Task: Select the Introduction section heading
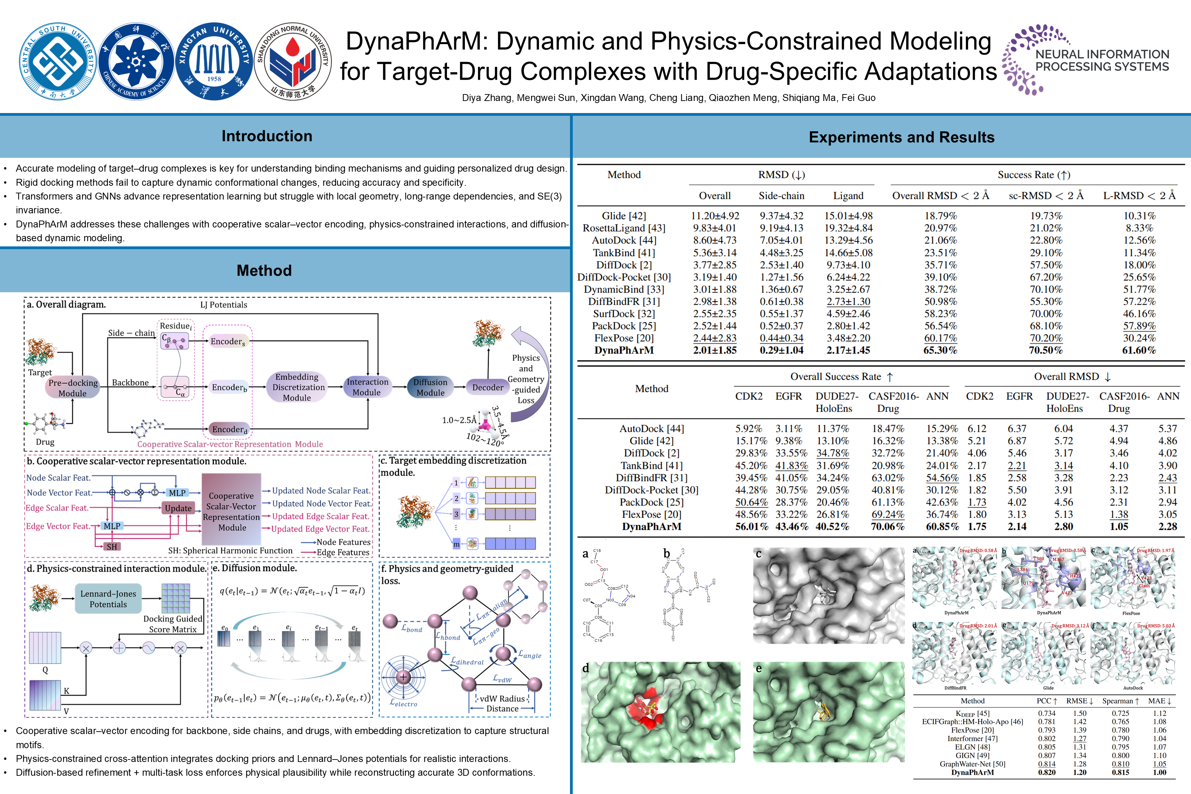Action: coord(267,136)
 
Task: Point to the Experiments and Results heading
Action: coord(902,137)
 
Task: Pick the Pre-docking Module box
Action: coord(72,388)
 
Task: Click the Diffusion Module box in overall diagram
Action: coord(430,387)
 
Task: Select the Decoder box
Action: coord(488,387)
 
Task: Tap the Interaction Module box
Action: coord(367,387)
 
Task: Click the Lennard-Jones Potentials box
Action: coord(108,599)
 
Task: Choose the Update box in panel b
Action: coord(178,508)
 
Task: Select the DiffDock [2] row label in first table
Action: coord(624,265)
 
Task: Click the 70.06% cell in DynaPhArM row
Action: coord(887,527)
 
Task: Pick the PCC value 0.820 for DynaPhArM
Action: coord(1047,773)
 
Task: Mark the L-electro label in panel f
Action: coord(404,703)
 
